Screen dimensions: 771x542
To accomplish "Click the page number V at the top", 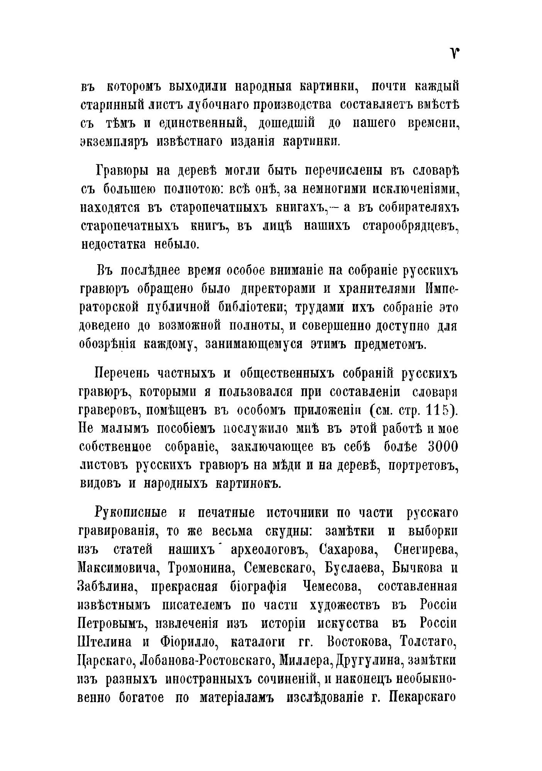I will point(454,54).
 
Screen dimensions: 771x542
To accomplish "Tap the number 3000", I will point(443,447).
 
